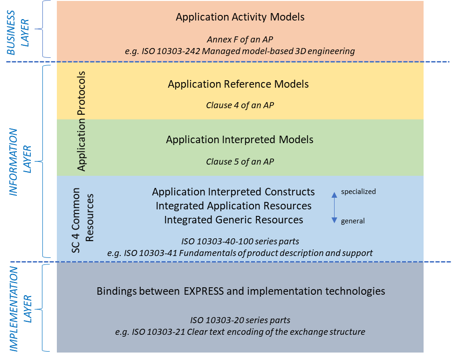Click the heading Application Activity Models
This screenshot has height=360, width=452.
coord(240,17)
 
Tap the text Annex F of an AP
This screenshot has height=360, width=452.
coord(240,40)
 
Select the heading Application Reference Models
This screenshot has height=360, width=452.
coord(238,84)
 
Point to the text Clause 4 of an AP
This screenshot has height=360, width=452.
coord(240,105)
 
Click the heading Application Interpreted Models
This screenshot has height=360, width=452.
coord(240,139)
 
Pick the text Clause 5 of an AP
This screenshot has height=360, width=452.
coord(240,162)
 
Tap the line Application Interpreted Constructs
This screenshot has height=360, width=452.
coord(233,192)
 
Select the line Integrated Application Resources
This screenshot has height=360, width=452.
coord(233,206)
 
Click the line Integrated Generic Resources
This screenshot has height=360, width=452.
coord(233,220)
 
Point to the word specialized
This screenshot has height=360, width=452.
coord(358,192)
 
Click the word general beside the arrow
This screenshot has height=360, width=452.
coord(353,221)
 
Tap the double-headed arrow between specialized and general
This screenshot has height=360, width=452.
coord(334,206)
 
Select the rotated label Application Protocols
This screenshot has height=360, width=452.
coord(82,121)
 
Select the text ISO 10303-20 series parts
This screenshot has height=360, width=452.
coord(240,320)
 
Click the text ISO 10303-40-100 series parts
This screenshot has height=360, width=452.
coord(240,242)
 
